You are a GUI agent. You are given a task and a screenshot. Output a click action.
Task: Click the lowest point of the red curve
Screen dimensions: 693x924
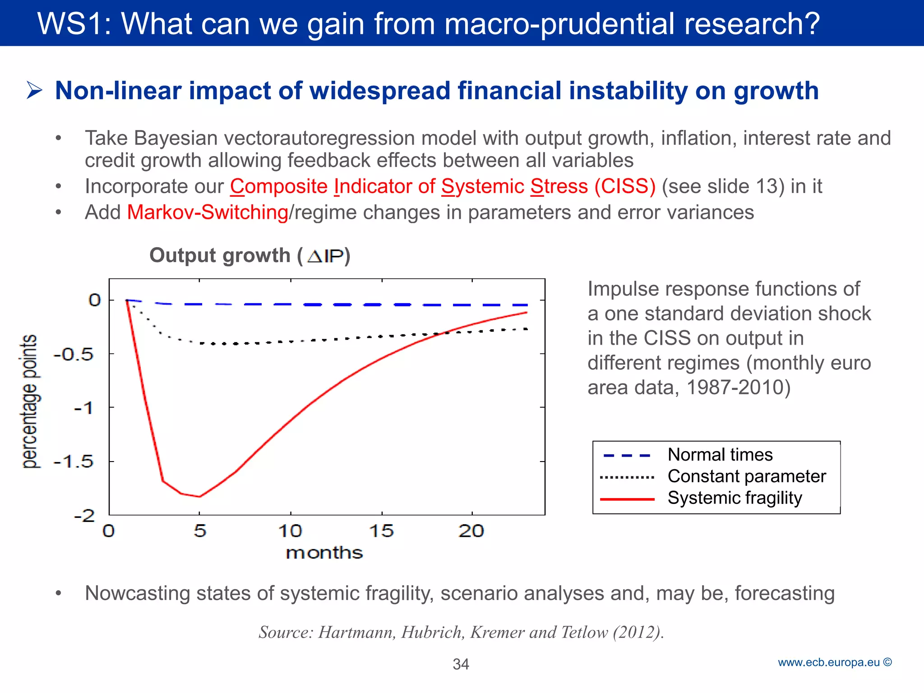[199, 496]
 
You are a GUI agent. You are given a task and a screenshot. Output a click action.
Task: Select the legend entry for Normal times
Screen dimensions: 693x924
[720, 455]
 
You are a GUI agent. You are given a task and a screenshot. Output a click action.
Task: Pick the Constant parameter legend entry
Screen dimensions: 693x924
[746, 476]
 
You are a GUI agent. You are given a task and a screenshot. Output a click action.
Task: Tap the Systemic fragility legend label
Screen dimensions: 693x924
[735, 498]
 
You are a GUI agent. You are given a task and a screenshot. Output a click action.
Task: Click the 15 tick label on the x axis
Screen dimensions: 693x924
[382, 531]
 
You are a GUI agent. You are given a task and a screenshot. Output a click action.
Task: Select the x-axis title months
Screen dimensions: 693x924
[324, 553]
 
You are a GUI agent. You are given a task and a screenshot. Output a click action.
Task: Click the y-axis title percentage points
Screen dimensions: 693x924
[30, 402]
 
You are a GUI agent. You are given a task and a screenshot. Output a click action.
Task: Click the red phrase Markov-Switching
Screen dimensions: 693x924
[208, 213]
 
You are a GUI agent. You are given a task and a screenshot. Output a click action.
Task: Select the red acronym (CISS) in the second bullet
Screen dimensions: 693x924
[625, 186]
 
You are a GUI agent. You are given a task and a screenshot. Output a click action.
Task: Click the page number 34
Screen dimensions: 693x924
[461, 664]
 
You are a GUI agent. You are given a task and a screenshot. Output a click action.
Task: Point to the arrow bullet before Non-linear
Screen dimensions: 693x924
[34, 90]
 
